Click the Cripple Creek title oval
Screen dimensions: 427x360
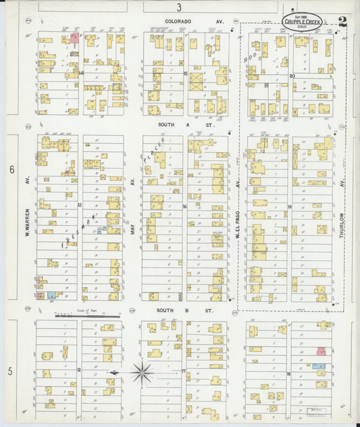(x=303, y=22)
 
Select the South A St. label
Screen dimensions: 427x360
(x=185, y=125)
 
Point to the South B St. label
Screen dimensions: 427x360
(x=185, y=311)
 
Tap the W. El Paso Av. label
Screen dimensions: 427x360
(x=238, y=216)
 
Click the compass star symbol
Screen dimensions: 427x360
(x=142, y=372)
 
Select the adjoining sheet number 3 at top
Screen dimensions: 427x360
(x=179, y=7)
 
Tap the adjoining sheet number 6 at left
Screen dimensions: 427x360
(x=11, y=170)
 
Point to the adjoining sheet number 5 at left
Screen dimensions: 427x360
(x=10, y=371)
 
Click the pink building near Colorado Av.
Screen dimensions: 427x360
(x=74, y=38)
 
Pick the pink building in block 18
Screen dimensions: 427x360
(x=322, y=351)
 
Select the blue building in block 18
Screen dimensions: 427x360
(x=318, y=366)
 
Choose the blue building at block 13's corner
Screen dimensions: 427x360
(x=51, y=296)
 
